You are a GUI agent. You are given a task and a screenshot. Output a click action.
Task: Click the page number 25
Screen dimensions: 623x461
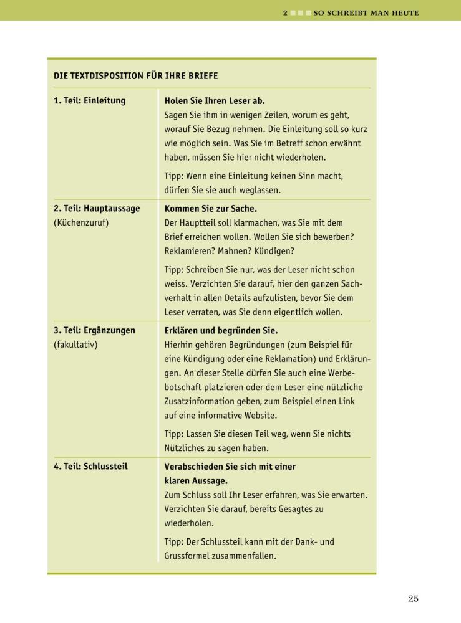tap(413, 599)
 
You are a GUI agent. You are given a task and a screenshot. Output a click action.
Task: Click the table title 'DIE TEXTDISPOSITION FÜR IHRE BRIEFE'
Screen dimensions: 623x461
tap(136, 76)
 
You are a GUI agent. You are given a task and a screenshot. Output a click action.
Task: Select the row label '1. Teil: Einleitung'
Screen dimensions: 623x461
tap(90, 100)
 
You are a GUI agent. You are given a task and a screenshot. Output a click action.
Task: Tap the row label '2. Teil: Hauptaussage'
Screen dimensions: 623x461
tap(97, 208)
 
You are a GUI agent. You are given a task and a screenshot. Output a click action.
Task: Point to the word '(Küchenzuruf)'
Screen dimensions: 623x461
tap(81, 222)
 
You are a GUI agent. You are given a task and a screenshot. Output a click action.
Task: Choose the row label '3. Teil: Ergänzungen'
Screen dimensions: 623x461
tap(95, 330)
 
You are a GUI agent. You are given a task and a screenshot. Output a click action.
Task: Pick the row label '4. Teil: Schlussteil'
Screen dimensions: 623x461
tap(90, 466)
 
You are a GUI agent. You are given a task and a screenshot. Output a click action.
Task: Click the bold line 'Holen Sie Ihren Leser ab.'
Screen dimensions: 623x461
tap(215, 100)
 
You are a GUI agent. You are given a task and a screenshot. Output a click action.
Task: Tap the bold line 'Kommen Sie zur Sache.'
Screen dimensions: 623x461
tap(210, 208)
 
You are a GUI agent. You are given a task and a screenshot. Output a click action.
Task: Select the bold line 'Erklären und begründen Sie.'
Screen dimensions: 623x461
tap(221, 330)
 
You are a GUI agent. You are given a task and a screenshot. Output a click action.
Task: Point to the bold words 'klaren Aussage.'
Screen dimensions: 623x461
tap(196, 480)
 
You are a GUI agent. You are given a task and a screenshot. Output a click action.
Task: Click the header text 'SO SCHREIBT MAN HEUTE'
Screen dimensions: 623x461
tap(366, 12)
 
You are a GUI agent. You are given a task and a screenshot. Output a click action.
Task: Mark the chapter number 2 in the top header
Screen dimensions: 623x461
tap(285, 12)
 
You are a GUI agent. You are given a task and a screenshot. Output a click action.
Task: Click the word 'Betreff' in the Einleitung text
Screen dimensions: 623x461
tap(289, 143)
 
